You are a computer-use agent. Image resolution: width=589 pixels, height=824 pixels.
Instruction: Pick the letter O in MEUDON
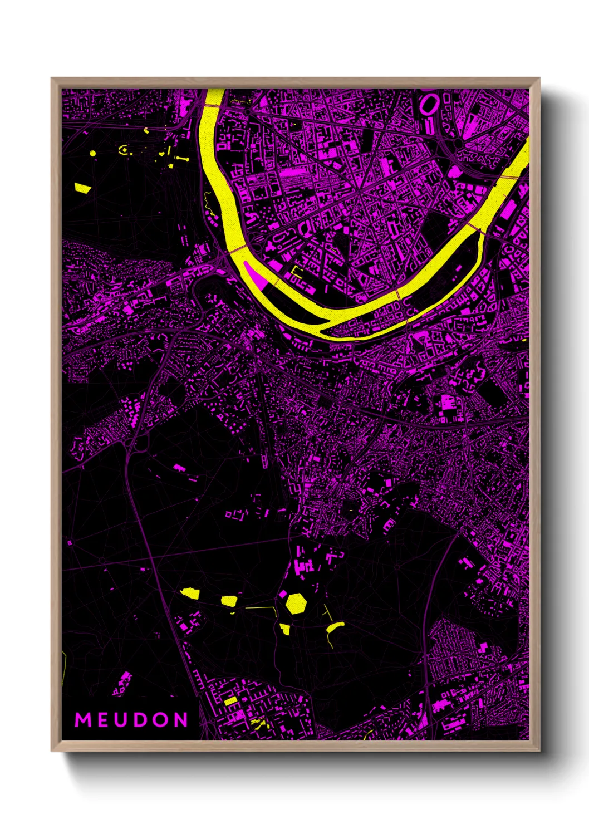coord(160,720)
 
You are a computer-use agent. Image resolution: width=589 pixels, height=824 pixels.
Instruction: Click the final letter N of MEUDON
coord(181,720)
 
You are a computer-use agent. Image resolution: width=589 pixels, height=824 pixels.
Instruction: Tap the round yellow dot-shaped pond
coord(92,153)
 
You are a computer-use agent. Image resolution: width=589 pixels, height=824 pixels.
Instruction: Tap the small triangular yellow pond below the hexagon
coord(285,629)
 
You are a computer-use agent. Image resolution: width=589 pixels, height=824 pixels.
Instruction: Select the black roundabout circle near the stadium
coord(459,144)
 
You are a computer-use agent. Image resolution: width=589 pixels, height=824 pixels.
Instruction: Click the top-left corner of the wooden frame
coord(52,79)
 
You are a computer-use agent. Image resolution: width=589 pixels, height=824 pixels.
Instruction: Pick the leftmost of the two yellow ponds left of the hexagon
coord(190,593)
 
